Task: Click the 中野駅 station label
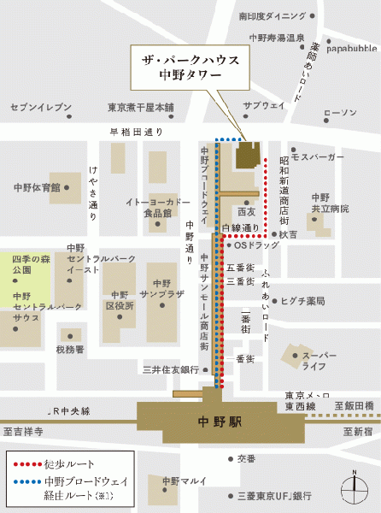point(202,421)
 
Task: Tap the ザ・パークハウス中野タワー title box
point(190,66)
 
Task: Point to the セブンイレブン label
point(40,107)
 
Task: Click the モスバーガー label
point(317,157)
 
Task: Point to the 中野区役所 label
point(120,298)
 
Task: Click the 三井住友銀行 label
point(171,369)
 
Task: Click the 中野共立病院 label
point(320,203)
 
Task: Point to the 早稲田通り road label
point(136,132)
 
